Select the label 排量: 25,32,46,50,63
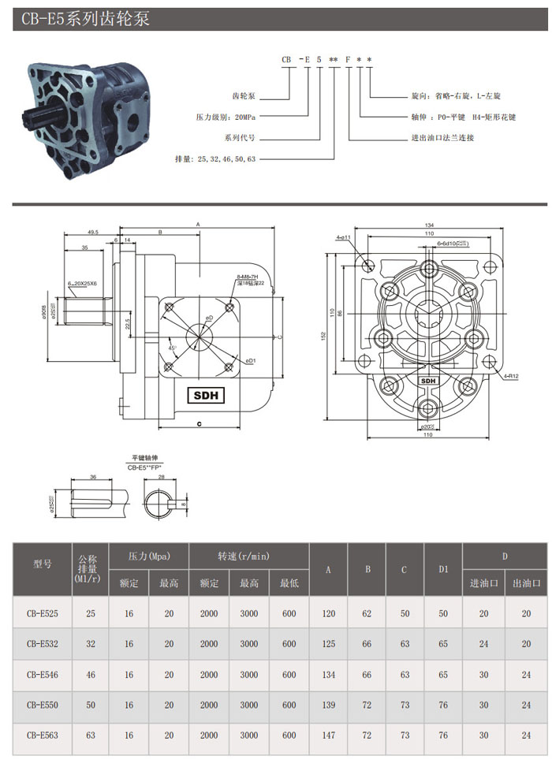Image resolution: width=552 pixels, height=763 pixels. click(215, 158)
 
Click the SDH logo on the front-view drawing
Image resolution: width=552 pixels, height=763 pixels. click(428, 381)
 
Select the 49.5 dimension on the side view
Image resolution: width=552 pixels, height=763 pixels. click(92, 233)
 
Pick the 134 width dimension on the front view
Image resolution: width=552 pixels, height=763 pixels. click(429, 223)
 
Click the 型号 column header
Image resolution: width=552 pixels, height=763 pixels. click(43, 564)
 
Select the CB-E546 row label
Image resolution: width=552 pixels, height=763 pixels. click(43, 675)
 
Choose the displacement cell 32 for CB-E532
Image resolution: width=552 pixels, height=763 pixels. click(91, 643)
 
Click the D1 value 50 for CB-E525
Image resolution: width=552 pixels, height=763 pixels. click(443, 612)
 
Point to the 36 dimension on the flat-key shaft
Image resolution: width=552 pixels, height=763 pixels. click(93, 477)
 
